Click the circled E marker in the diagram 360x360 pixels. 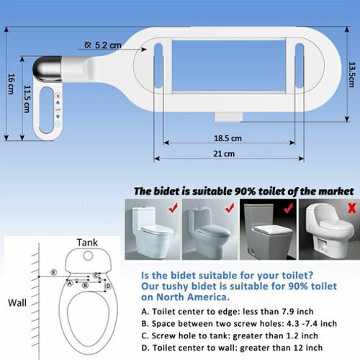[53, 272]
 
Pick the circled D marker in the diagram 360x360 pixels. [107, 286]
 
